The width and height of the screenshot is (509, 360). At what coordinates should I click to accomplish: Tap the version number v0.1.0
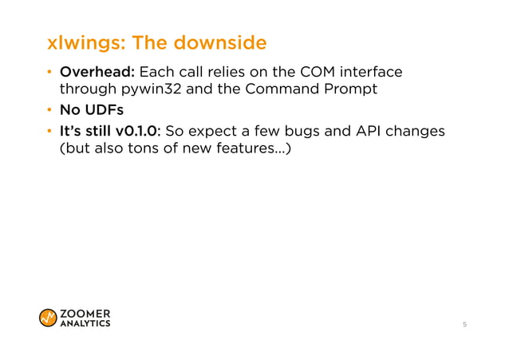pyautogui.click(x=146, y=130)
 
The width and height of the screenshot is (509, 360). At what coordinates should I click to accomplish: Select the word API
pyautogui.click(x=382, y=130)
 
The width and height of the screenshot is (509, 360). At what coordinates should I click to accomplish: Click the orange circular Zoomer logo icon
pyautogui.click(x=48, y=317)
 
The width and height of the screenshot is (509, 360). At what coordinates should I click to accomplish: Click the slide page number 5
pyautogui.click(x=464, y=326)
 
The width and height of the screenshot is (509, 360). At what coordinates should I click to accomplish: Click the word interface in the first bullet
pyautogui.click(x=372, y=73)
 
